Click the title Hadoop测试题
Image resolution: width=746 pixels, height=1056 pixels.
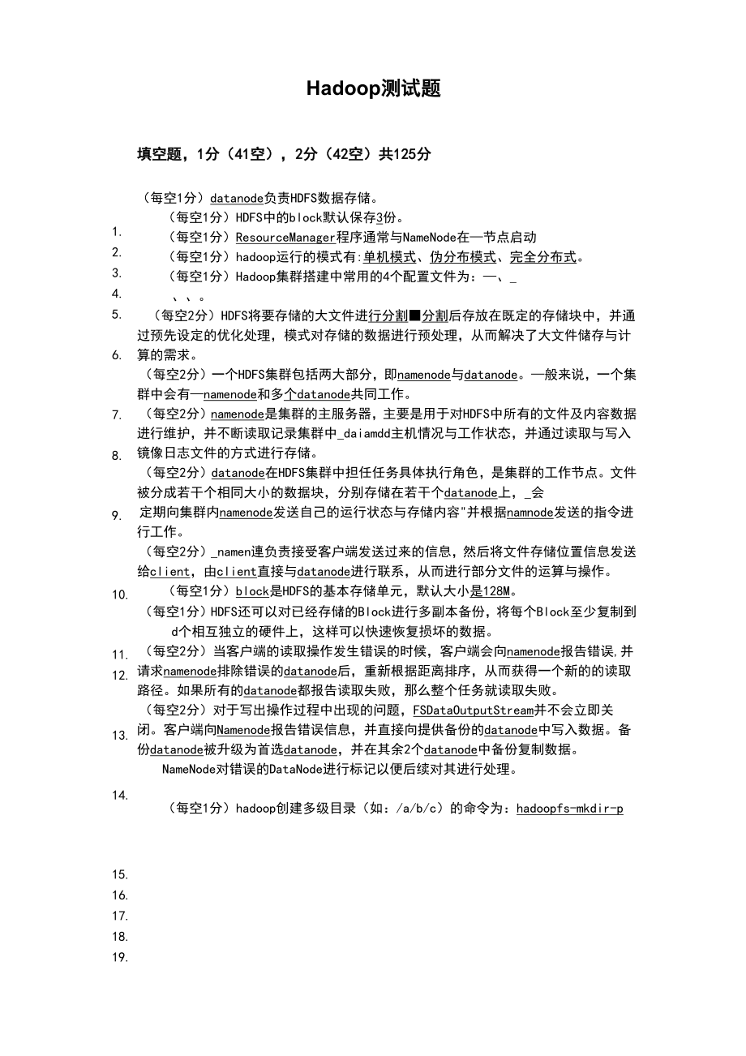[x=373, y=89]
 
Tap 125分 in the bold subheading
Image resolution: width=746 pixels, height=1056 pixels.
[x=412, y=154]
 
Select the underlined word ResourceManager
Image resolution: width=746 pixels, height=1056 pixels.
[x=285, y=238]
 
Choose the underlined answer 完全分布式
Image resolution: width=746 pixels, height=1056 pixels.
[x=543, y=257]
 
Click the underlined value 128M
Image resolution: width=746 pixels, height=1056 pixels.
[x=496, y=591]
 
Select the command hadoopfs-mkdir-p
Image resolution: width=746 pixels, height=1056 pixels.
[x=569, y=809]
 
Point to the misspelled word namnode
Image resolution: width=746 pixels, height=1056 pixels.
[x=530, y=513]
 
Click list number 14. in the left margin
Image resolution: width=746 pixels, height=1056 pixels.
[x=120, y=796]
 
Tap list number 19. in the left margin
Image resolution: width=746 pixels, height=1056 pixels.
[x=120, y=957]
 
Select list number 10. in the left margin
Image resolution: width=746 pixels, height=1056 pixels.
[x=120, y=595]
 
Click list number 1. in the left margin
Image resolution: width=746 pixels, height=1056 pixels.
[x=117, y=231]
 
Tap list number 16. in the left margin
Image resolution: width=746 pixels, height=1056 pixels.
[x=120, y=895]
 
